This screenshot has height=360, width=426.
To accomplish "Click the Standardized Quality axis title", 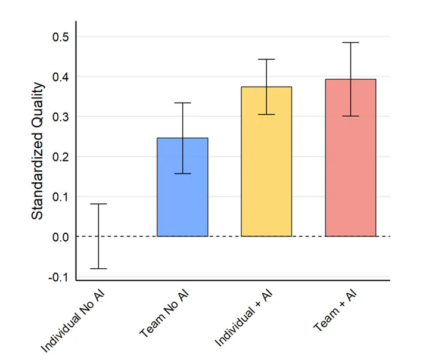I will (x=37, y=151).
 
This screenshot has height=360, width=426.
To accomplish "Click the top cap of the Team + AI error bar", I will (x=350, y=43).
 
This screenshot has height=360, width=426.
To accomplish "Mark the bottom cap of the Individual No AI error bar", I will (x=98, y=269).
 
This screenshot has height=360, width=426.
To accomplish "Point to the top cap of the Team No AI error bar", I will (x=182, y=103).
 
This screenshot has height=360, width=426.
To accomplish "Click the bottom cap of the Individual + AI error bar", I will (x=266, y=114).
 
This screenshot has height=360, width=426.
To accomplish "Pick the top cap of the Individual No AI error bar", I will (x=98, y=204).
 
